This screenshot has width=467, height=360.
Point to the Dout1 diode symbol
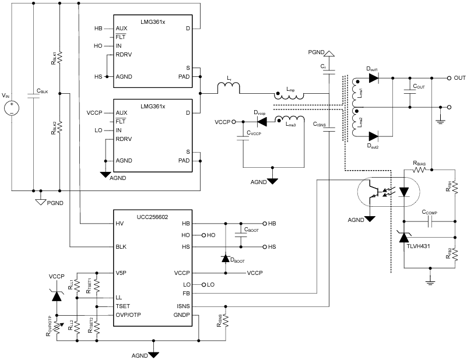coord(373,77)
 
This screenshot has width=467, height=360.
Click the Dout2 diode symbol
coord(373,136)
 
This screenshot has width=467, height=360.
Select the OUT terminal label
coord(460,77)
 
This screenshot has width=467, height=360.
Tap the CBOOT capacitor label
coord(252,230)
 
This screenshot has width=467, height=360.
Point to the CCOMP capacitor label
coord(431,214)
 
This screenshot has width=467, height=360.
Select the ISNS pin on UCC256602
coord(183,305)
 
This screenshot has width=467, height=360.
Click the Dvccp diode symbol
coord(262,122)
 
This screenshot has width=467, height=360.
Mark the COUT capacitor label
coord(419,86)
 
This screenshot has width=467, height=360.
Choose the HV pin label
coord(120,224)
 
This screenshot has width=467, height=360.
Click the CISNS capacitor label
coord(318,124)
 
